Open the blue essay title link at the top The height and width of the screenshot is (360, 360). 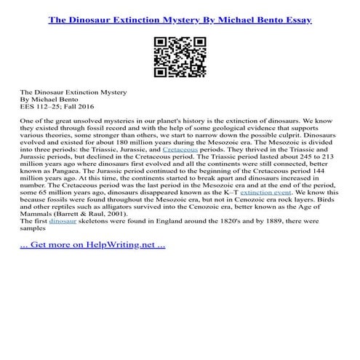coord(180,19)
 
